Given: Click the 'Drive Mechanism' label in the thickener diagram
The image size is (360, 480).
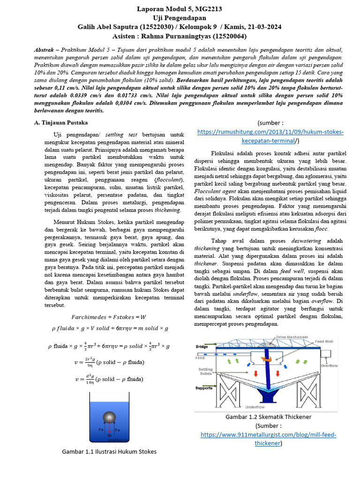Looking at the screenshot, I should pyautogui.click(x=292, y=337).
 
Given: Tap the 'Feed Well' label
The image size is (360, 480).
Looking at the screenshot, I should pyautogui.click(x=324, y=342).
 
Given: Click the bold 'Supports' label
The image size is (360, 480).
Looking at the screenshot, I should pyautogui.click(x=204, y=388).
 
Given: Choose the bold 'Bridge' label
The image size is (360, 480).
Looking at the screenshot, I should pyautogui.click(x=202, y=346).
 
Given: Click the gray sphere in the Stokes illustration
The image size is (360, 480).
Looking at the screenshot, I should pyautogui.click(x=109, y=417).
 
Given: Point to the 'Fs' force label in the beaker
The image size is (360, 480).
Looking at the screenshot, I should pyautogui.click(x=101, y=429).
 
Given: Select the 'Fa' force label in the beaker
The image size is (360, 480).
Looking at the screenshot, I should pyautogui.click(x=117, y=429).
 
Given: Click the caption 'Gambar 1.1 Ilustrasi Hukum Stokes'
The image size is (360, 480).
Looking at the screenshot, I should pyautogui.click(x=109, y=451).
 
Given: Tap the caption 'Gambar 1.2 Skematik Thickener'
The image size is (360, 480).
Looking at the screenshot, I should pyautogui.click(x=268, y=416).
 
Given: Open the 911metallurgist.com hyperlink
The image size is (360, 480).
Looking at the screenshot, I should pyautogui.click(x=268, y=435).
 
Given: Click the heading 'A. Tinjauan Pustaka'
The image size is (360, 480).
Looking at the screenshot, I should pyautogui.click(x=61, y=122).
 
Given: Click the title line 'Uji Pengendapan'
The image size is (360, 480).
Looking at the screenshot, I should pyautogui.click(x=180, y=18).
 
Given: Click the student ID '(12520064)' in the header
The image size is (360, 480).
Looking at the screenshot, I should pyautogui.click(x=230, y=36).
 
